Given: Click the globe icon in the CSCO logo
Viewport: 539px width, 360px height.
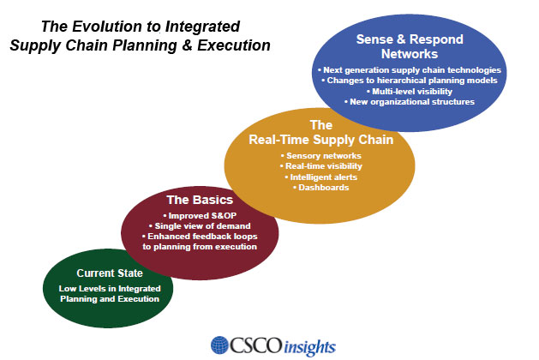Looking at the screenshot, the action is coord(219,345).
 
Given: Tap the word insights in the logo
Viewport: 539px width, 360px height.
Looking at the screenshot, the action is coord(309,347).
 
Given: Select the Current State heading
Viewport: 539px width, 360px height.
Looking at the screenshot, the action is coord(110,273).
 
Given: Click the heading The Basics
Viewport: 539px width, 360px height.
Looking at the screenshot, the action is coord(200,200).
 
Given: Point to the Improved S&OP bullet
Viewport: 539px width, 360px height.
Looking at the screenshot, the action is coord(200,216).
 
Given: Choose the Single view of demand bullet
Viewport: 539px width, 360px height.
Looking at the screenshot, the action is coord(200,226).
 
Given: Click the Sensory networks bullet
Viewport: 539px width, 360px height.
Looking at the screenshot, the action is coord(320,156).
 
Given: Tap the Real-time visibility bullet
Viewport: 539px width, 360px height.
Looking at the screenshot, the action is coord(320,166).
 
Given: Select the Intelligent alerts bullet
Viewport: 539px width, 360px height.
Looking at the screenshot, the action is coord(320,177).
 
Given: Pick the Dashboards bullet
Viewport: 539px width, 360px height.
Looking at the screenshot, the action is coord(320,188).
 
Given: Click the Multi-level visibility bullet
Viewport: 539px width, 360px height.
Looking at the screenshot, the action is coord(409,92).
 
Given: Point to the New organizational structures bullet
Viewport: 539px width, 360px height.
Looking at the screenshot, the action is coord(409,102).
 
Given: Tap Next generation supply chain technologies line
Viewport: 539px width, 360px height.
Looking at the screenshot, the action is coord(409,70).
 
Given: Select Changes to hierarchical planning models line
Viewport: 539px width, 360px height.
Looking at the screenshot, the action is coord(409,81).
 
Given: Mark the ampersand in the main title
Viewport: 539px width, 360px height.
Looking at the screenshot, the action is coord(187,45).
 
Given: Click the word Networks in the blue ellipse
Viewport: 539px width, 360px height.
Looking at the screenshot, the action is coord(410,54).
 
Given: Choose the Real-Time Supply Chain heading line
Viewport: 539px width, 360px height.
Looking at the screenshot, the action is coord(321,140).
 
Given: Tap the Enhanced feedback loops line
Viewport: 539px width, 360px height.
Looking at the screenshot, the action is coord(200,237).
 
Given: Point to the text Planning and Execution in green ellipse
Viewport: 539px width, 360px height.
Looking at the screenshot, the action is coord(110,299).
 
